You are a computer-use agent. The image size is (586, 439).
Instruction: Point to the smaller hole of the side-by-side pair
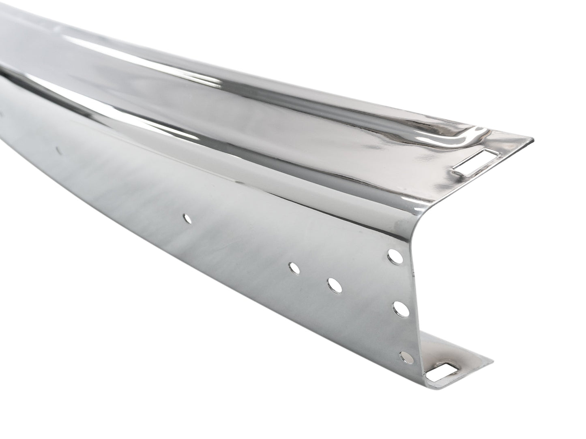tap(293, 268)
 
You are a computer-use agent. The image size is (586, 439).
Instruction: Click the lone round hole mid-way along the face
tap(187, 219)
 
